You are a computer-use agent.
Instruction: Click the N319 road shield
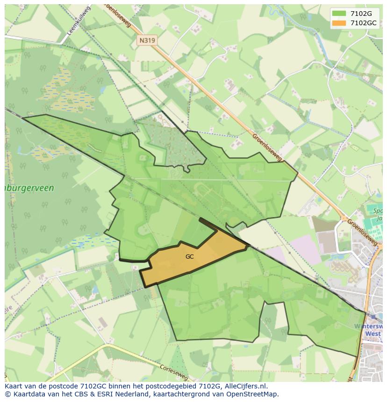tap(147, 41)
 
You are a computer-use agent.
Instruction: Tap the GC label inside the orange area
tap(189, 256)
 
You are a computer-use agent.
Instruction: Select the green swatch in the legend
tap(339, 14)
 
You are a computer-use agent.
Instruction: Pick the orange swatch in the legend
tap(339, 23)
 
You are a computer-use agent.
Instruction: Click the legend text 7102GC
tap(363, 23)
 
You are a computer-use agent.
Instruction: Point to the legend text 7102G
tap(361, 14)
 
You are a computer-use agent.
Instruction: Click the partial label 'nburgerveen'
tap(29, 188)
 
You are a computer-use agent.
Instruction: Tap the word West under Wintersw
tap(372, 334)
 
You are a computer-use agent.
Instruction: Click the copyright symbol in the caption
tap(8, 394)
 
